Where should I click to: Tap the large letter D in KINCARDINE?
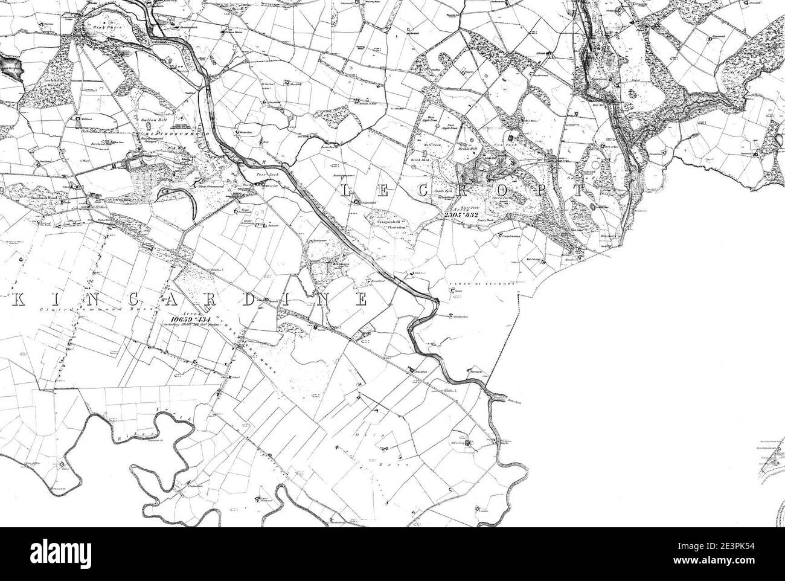(x=248, y=300)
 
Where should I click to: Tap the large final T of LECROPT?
(x=580, y=191)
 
